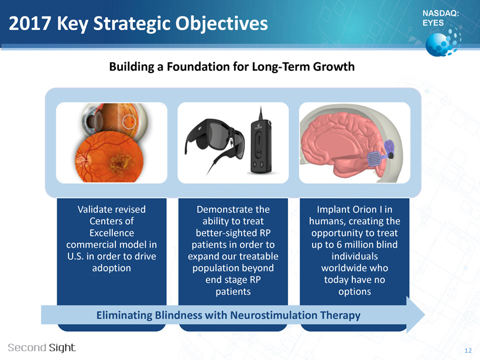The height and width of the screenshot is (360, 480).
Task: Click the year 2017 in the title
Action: click(29, 23)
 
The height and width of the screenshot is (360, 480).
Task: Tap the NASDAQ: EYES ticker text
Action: click(441, 18)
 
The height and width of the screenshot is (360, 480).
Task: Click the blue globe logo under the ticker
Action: click(443, 42)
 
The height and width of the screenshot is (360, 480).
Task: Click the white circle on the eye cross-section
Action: click(129, 121)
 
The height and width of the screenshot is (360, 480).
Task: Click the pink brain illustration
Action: click(342, 143)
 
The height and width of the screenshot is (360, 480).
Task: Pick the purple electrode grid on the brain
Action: click(374, 159)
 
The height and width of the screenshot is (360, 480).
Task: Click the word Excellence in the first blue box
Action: click(112, 233)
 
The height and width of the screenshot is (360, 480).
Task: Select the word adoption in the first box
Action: click(111, 268)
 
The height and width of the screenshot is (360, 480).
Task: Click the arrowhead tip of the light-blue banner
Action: click(425, 315)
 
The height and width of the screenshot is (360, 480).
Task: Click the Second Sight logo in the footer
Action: click(42, 348)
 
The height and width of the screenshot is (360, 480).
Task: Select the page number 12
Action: click(468, 351)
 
